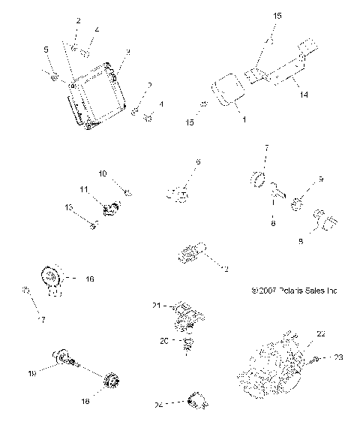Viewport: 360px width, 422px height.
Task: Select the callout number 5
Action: [x=46, y=50]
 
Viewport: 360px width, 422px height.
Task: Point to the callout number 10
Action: [x=103, y=173]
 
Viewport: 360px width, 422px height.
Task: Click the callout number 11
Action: [x=85, y=188]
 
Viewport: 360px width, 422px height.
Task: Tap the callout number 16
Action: [x=89, y=279]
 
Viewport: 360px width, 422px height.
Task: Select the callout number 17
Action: [x=42, y=320]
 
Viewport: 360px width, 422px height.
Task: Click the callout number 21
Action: [x=157, y=305]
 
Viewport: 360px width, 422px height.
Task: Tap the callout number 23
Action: [x=337, y=357]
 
